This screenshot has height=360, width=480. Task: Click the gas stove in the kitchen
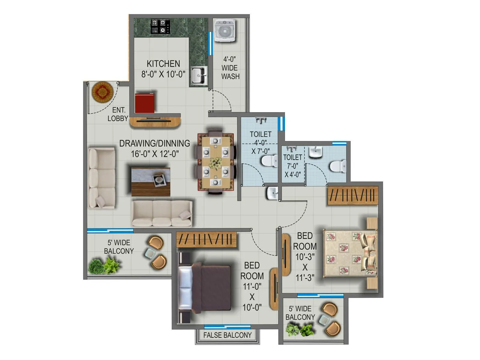160,26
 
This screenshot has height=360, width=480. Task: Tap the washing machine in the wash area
225,30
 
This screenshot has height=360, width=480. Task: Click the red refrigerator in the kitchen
145,103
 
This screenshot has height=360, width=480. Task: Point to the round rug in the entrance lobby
103,92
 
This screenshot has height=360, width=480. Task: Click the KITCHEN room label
163,64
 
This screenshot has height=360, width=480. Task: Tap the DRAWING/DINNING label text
154,143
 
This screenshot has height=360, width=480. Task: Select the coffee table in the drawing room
151,181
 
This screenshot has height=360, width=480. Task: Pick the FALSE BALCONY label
227,335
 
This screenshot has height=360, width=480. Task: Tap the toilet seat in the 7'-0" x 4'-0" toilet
338,166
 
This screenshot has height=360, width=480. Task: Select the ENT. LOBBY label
118,114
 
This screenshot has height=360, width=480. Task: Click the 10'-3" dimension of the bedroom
305,257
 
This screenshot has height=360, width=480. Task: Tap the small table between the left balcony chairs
150,254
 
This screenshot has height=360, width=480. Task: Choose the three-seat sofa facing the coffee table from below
162,213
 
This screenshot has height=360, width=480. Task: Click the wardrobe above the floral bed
353,196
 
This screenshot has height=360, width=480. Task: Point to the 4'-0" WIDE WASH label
230,68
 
